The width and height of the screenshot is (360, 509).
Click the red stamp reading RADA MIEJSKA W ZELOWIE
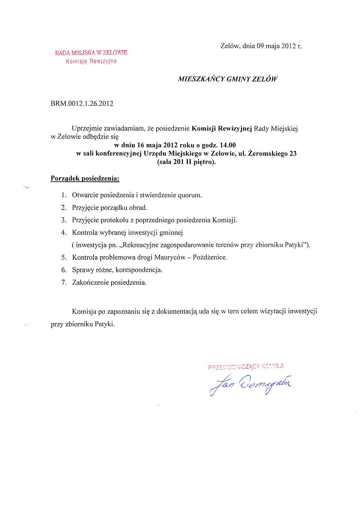[x=91, y=53]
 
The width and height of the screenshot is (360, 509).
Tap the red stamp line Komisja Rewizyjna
[x=91, y=61]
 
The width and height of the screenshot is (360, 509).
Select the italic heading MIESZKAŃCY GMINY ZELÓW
[x=228, y=79]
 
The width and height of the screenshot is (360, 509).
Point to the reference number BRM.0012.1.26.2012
[x=82, y=104]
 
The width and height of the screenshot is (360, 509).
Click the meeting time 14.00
[x=228, y=145]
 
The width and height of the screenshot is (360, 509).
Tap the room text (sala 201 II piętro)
[x=186, y=162]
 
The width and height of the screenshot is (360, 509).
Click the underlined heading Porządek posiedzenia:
[x=85, y=178]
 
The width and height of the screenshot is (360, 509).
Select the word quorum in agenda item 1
[x=190, y=195]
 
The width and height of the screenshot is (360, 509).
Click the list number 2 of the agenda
[x=64, y=208]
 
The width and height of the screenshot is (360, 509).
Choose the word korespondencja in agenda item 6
[x=139, y=270]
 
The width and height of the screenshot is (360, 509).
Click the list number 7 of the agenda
[x=64, y=282]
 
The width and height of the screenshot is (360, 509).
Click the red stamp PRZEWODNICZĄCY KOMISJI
[x=246, y=367]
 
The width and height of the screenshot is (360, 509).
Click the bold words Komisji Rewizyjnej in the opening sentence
[x=222, y=129]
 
